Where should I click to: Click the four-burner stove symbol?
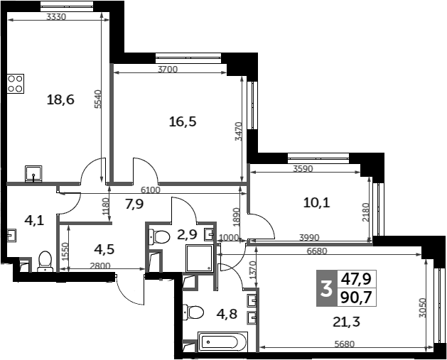16,84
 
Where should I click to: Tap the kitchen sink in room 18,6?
33,173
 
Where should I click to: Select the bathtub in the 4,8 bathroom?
222,342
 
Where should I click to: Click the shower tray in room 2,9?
200,258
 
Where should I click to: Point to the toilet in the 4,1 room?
45,261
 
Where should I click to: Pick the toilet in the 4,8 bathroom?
193,312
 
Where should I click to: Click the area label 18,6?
60,100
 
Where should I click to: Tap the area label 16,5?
183,121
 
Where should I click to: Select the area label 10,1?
317,203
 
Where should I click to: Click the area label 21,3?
347,322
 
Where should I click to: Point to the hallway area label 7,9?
134,204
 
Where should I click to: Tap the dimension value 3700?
168,69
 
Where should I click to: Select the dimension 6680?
317,251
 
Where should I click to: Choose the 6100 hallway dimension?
151,190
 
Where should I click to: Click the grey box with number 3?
327,288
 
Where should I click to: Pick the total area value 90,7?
357,298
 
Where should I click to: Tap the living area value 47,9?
357,279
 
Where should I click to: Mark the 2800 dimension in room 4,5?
100,266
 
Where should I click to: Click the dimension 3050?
423,308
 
